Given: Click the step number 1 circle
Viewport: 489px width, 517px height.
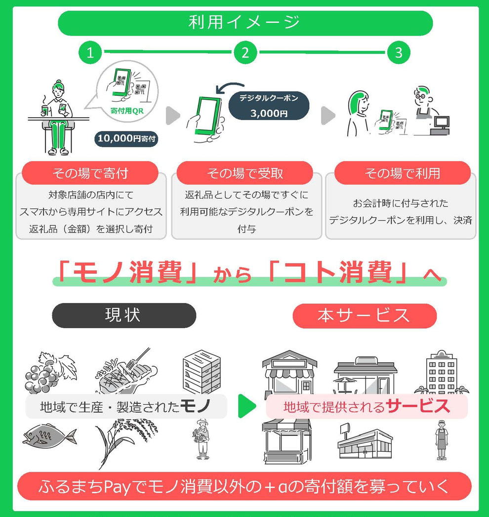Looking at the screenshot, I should pos(90,53).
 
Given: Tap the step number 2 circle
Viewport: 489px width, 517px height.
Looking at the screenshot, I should pos(245,53).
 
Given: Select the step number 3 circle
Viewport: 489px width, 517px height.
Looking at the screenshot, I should pos(399,53).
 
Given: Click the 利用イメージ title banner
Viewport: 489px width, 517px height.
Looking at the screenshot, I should pos(245,23).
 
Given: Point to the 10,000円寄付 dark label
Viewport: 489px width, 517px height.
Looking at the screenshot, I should pos(126,139).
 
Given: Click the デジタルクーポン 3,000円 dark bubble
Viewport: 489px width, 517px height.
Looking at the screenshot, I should pos(269,106).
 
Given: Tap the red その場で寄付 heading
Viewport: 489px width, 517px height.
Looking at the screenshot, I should pos(90,173).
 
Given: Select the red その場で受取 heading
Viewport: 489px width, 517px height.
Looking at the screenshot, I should pos(245,173).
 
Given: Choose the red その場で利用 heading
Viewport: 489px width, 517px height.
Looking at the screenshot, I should pos(402,173).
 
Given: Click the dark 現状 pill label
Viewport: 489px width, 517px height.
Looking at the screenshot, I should pos(123,315).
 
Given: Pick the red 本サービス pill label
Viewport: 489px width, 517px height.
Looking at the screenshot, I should pos(365,316).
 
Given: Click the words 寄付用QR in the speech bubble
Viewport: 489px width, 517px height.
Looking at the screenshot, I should pos(126,111).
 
